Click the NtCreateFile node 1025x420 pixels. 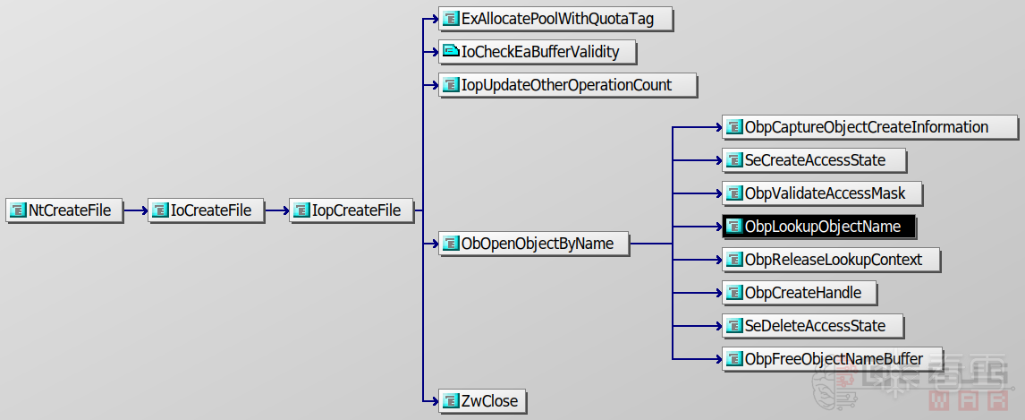[64, 210]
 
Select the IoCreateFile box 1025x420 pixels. [207, 210]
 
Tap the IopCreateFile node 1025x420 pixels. [352, 210]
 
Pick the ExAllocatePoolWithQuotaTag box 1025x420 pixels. [555, 19]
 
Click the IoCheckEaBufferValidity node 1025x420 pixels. [537, 52]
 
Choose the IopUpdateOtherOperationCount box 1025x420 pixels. [567, 85]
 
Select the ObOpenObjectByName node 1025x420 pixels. [533, 244]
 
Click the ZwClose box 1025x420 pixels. [481, 401]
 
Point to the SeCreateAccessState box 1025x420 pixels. [814, 160]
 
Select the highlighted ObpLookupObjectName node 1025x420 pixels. [818, 227]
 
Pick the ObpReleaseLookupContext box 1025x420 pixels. [832, 260]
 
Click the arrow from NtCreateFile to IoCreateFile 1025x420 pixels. [135, 210]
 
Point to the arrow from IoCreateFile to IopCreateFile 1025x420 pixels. [277, 210]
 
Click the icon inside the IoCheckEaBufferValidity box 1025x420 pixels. [451, 52]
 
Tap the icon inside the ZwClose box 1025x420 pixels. [451, 401]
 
